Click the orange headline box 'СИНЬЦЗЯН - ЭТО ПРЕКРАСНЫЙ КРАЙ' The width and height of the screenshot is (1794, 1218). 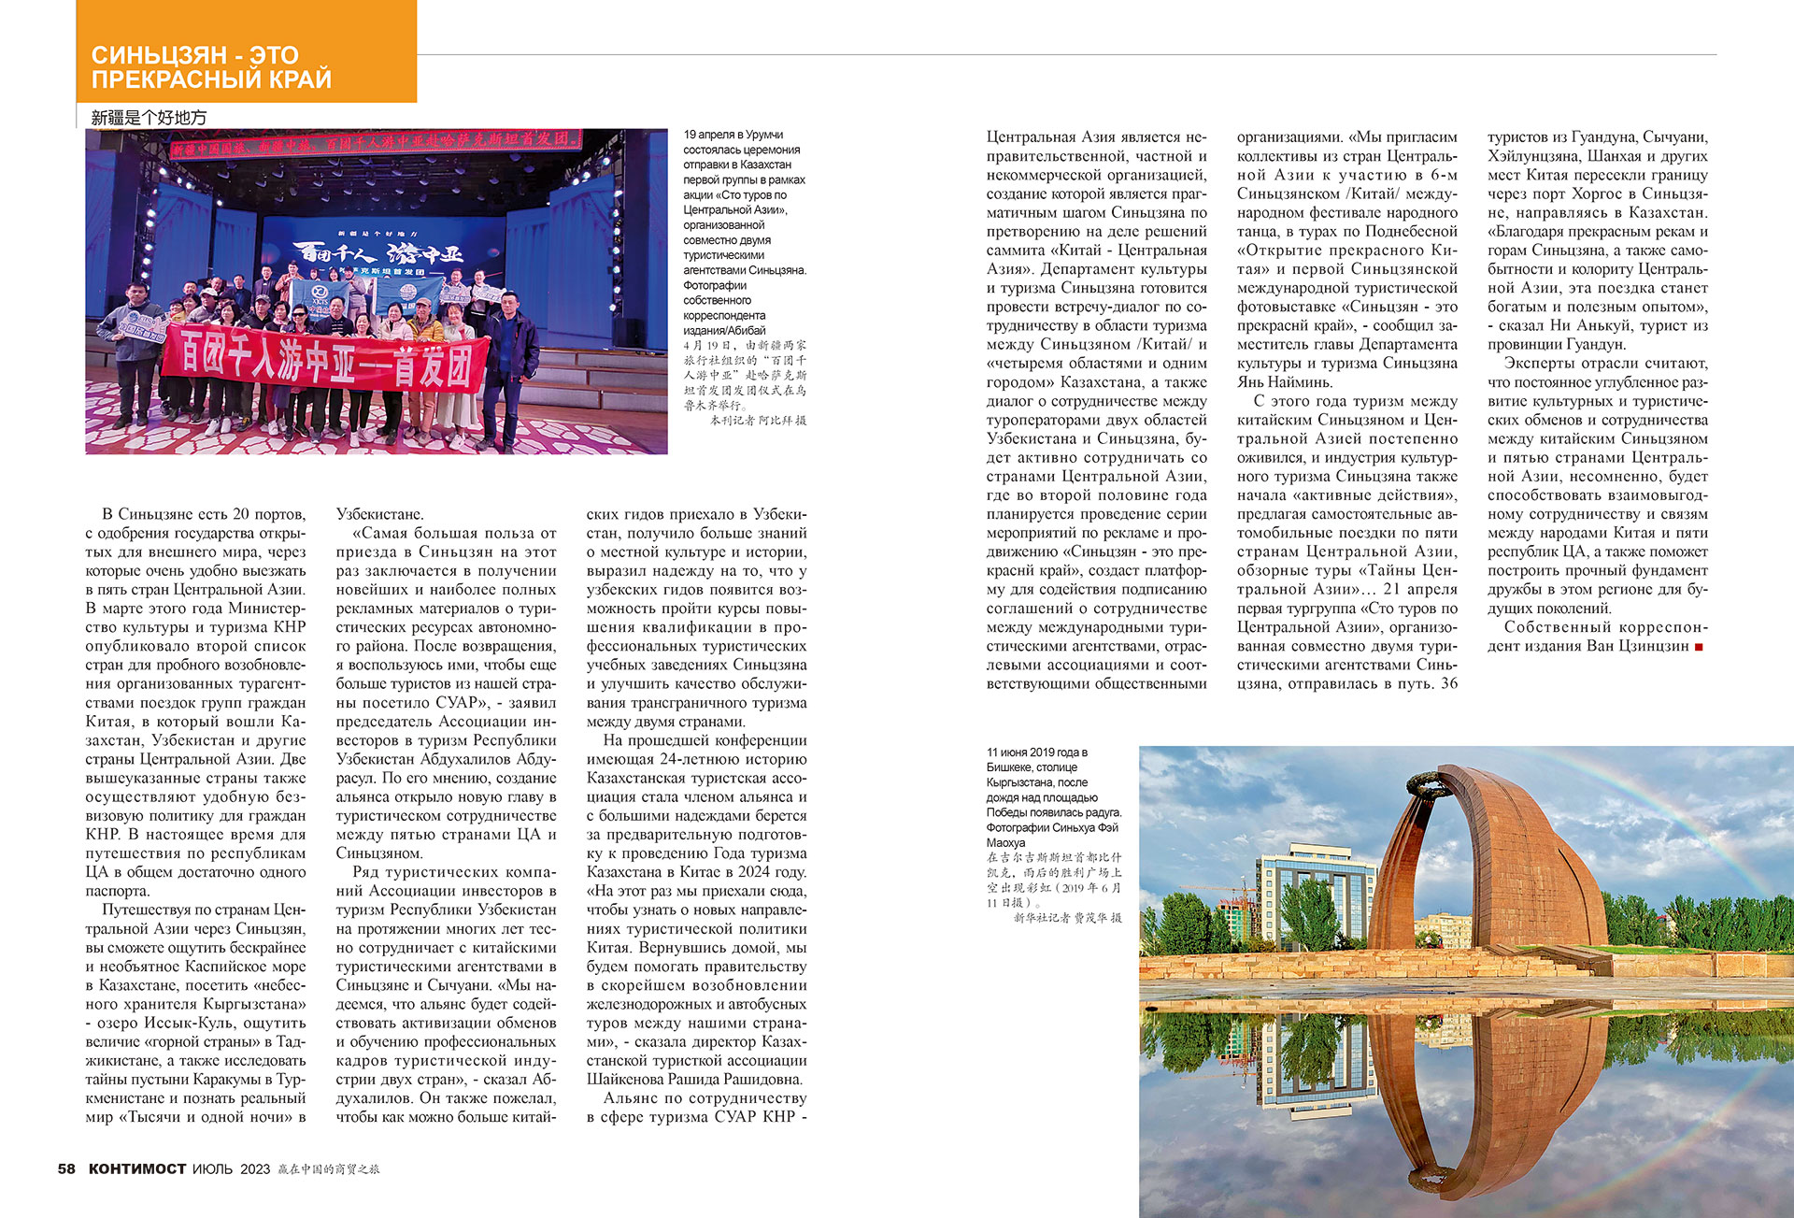click(246, 52)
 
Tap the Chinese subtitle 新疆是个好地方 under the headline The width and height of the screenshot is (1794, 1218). click(149, 118)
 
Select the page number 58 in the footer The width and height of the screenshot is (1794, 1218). click(66, 1168)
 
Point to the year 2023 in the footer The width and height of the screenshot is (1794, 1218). click(255, 1169)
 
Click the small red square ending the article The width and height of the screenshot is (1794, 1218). click(1699, 647)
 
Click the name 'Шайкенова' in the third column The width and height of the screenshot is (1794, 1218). click(629, 1080)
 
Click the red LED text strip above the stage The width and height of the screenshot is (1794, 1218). click(374, 142)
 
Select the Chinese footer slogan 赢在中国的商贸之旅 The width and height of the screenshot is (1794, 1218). click(329, 1169)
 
